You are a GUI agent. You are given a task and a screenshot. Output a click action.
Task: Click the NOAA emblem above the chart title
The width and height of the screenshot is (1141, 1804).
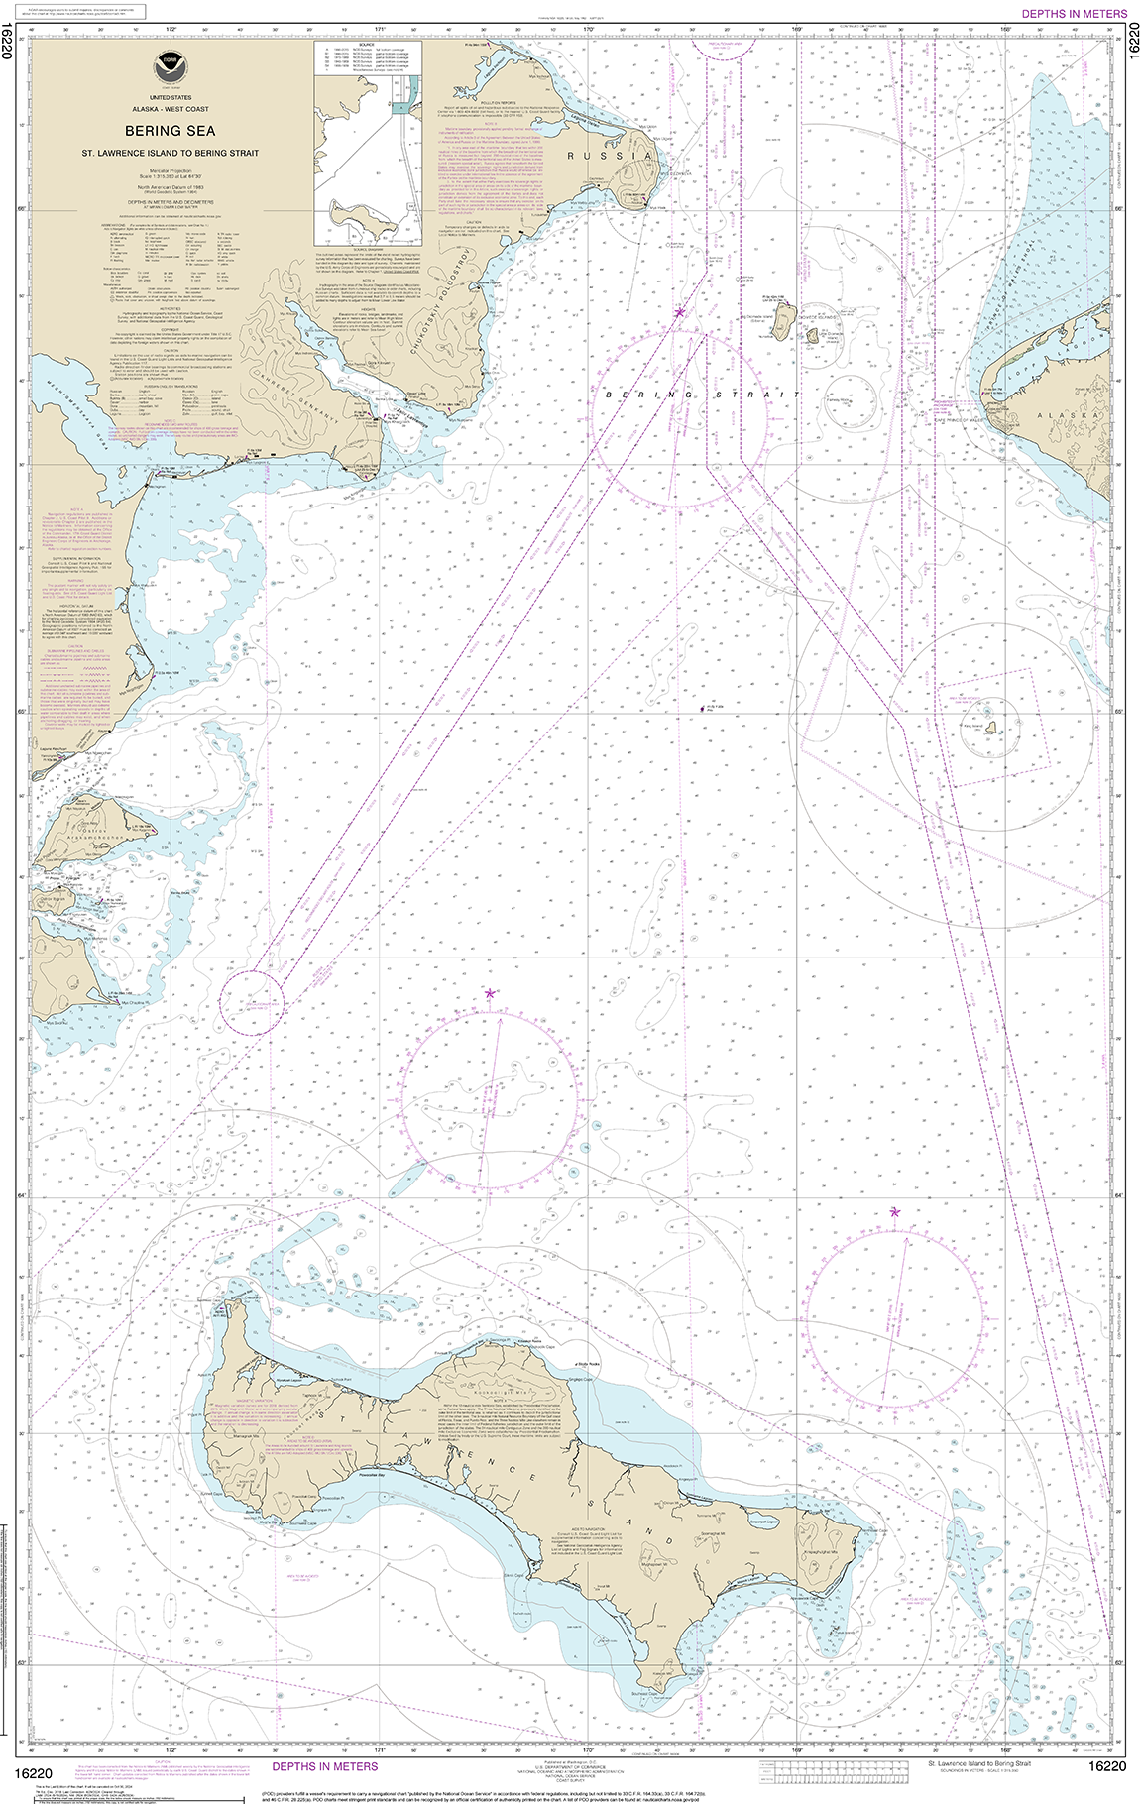[166, 67]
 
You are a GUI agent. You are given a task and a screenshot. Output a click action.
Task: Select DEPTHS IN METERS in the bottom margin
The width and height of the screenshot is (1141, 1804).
[324, 1766]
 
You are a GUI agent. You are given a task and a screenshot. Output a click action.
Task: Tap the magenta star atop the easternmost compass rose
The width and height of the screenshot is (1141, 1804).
[895, 1211]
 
